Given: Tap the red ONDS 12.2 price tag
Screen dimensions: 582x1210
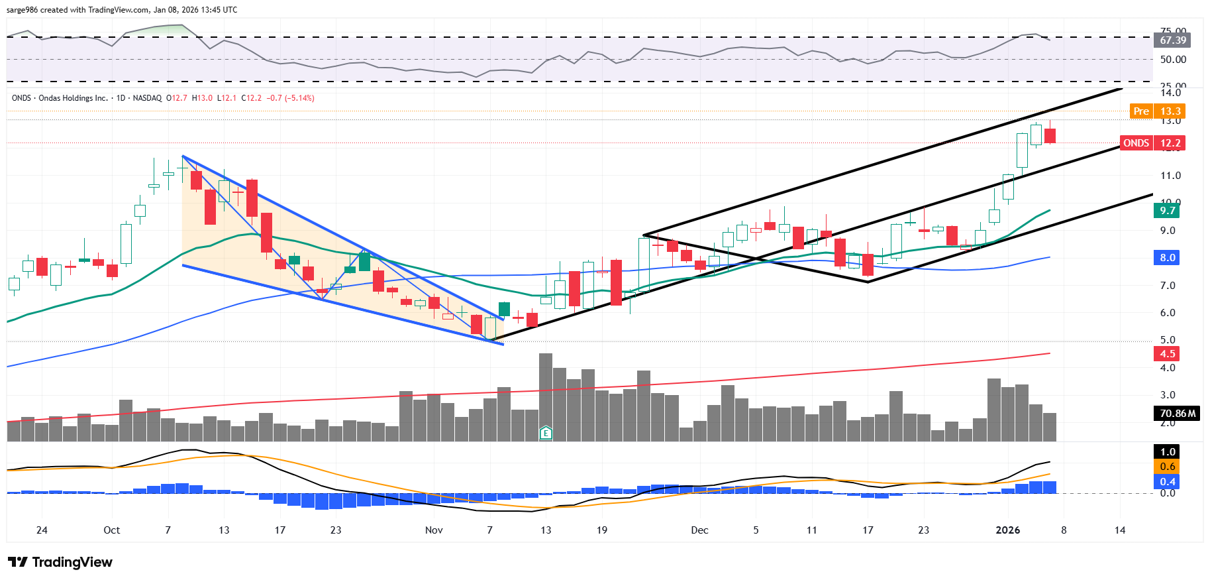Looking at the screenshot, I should click(x=1152, y=143).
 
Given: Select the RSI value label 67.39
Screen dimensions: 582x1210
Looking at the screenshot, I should click(x=1173, y=40).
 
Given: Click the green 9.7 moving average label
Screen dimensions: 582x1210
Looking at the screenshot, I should click(x=1167, y=211).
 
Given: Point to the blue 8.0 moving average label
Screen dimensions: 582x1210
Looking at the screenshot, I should click(x=1167, y=258).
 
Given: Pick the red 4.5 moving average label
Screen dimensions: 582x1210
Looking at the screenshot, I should click(x=1167, y=354).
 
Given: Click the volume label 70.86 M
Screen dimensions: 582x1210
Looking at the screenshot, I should click(x=1177, y=414).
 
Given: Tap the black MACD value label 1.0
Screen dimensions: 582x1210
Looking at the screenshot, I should click(x=1167, y=452).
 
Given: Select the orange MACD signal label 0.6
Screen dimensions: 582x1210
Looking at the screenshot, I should click(x=1167, y=467).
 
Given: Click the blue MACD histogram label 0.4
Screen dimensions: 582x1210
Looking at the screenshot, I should click(x=1167, y=482).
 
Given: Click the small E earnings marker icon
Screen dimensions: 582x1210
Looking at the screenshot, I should click(x=546, y=434).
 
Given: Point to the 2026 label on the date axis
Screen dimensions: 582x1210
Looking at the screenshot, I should click(x=1008, y=530).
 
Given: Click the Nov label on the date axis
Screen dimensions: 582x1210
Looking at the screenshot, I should click(x=434, y=530).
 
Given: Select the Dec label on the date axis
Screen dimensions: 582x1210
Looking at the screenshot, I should click(x=699, y=530).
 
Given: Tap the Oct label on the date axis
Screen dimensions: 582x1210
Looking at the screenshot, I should click(x=112, y=530).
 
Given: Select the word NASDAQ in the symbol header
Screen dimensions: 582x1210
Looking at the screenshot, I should click(x=147, y=98).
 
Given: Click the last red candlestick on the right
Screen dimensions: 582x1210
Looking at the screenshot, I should click(x=1050, y=136).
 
